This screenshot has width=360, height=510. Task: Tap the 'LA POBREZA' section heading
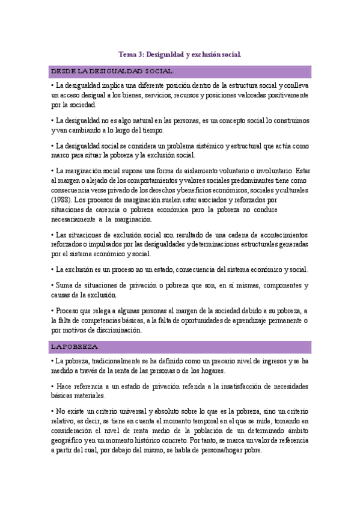[75, 347]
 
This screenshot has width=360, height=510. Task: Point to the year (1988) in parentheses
[61, 199]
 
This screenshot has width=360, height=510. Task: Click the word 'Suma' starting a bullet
[63, 285]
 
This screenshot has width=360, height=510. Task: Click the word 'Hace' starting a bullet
[64, 386]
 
